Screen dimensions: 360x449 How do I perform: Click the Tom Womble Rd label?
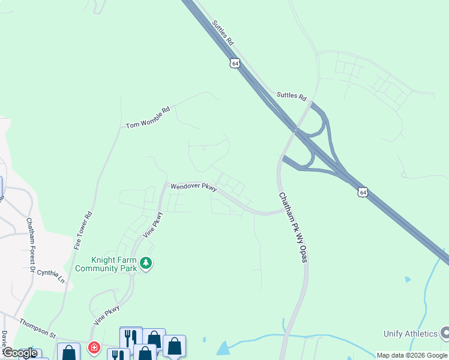point(148,118)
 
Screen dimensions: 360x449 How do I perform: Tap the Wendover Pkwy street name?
point(193,187)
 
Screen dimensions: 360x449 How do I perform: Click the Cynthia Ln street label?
point(50,277)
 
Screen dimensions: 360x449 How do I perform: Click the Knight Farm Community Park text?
point(114,264)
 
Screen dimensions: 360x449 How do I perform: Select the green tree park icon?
point(146,263)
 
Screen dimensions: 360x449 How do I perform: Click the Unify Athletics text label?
point(411,334)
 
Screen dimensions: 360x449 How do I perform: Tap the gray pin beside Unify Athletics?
point(445,332)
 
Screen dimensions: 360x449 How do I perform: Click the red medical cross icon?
point(94,347)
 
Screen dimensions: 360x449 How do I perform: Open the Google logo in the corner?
point(20,353)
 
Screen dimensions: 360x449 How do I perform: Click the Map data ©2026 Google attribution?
point(412,355)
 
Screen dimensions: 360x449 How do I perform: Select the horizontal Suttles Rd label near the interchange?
point(292,96)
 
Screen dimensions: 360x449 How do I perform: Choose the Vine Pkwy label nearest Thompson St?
point(107,315)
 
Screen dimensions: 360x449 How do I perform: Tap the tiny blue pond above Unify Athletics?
point(408,280)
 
